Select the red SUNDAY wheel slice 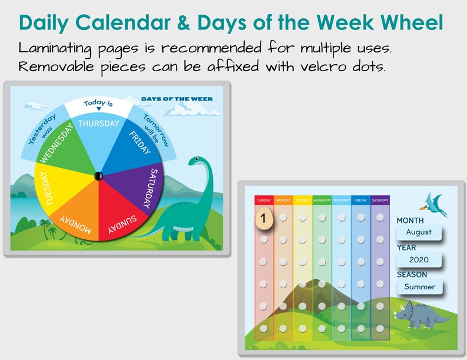[118, 218]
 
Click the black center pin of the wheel [98, 176]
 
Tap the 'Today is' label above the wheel [98, 104]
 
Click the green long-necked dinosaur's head [196, 161]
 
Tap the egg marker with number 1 [264, 218]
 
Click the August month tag [419, 232]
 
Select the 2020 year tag [419, 259]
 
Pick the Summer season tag [420, 286]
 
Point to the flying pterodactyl [434, 201]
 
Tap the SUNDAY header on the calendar [264, 201]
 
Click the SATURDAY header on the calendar [381, 201]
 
